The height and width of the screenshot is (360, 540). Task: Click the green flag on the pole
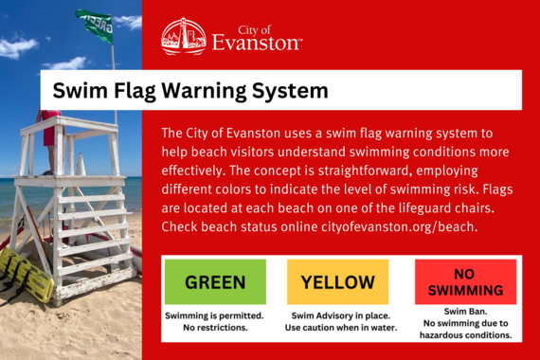pyautogui.click(x=96, y=25)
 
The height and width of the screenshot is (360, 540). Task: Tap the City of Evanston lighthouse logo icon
pyautogui.click(x=183, y=36)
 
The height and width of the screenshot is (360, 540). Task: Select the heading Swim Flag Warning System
pyautogui.click(x=190, y=91)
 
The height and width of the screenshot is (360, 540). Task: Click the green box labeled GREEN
pyautogui.click(x=215, y=281)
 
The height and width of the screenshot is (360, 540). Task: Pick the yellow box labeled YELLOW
pyautogui.click(x=337, y=281)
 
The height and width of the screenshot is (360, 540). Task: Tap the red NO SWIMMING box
pyautogui.click(x=465, y=281)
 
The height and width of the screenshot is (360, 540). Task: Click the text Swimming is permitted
pyautogui.click(x=214, y=315)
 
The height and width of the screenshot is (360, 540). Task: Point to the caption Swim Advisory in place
pyautogui.click(x=337, y=315)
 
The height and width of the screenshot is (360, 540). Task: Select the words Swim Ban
pyautogui.click(x=465, y=311)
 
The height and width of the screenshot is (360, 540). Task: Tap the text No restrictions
pyautogui.click(x=214, y=328)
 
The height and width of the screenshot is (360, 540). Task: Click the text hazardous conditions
pyautogui.click(x=465, y=334)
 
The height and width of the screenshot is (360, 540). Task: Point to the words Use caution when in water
pyautogui.click(x=337, y=328)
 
